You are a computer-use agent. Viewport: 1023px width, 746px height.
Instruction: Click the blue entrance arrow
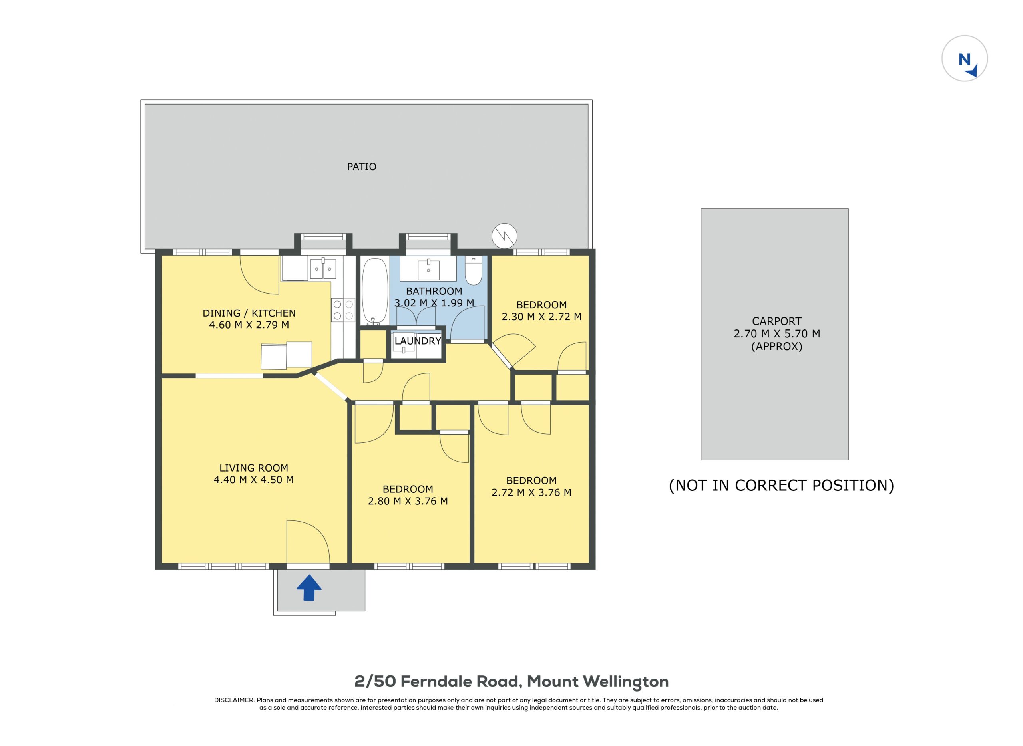click(x=308, y=587)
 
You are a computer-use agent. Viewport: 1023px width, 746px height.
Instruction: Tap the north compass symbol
click(x=964, y=58)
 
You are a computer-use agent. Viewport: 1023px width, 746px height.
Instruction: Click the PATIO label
click(x=362, y=167)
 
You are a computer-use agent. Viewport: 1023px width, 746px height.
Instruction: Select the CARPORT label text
click(x=776, y=321)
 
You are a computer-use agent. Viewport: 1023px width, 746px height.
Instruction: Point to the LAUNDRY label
click(x=418, y=341)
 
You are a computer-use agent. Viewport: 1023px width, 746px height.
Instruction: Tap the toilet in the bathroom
click(x=474, y=270)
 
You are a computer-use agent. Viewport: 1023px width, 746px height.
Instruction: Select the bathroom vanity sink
click(x=428, y=268)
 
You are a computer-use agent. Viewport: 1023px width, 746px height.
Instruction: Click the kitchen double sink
click(x=323, y=269)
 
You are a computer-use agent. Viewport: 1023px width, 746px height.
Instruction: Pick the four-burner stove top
click(x=343, y=310)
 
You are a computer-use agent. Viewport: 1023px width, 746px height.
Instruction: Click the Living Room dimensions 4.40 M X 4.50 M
click(x=253, y=480)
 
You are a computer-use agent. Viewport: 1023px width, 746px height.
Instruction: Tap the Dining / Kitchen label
click(x=249, y=313)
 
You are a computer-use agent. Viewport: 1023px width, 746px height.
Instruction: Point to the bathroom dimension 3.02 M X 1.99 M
click(x=434, y=303)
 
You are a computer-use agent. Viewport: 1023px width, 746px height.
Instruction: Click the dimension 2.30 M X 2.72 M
click(x=541, y=317)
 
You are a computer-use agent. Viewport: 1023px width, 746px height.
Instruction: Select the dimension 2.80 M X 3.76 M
click(x=408, y=501)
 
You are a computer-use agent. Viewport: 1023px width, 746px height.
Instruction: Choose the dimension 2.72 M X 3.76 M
click(x=531, y=492)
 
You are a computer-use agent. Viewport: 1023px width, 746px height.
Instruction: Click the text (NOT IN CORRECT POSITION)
click(x=781, y=486)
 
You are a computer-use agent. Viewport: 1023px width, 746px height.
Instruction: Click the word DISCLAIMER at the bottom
click(x=234, y=700)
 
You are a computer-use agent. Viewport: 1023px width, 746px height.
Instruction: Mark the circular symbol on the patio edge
click(x=504, y=236)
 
